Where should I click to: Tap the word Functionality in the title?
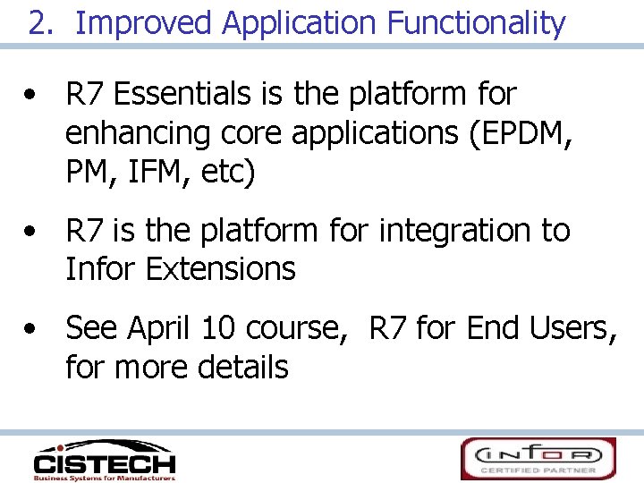point(476,23)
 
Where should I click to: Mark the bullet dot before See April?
point(32,330)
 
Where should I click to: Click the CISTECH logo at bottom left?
point(104,460)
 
